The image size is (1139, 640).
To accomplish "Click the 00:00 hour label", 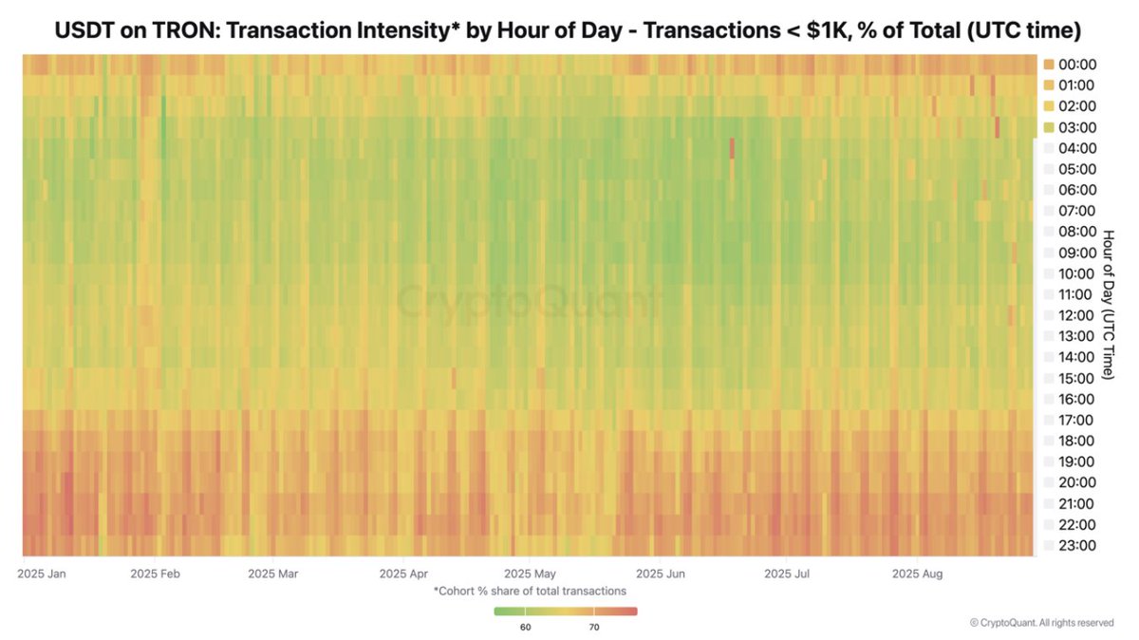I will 1077,65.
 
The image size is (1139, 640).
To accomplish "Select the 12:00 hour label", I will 1077,315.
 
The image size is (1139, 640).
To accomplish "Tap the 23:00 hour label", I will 1077,545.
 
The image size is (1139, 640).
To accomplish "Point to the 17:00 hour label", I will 1077,420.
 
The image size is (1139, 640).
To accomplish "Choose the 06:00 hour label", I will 1077,190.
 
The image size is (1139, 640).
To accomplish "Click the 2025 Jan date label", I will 42,574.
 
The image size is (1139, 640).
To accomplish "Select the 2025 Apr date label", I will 404,574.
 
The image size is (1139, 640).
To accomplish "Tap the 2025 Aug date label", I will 918,574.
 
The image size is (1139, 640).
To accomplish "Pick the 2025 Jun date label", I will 661,574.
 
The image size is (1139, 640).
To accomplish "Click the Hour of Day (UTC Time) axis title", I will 1109,303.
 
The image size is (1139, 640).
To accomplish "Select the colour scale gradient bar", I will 566,612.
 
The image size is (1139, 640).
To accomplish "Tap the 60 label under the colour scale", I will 526,628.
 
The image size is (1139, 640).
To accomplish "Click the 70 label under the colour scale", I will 593,628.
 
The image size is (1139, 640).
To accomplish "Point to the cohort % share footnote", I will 530,591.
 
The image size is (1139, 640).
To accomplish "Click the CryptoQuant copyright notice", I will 1041,623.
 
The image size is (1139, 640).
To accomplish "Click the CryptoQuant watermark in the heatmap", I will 528,303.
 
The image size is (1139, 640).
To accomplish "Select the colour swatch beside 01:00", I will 1049,85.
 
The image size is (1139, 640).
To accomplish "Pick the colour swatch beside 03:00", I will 1049,127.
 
